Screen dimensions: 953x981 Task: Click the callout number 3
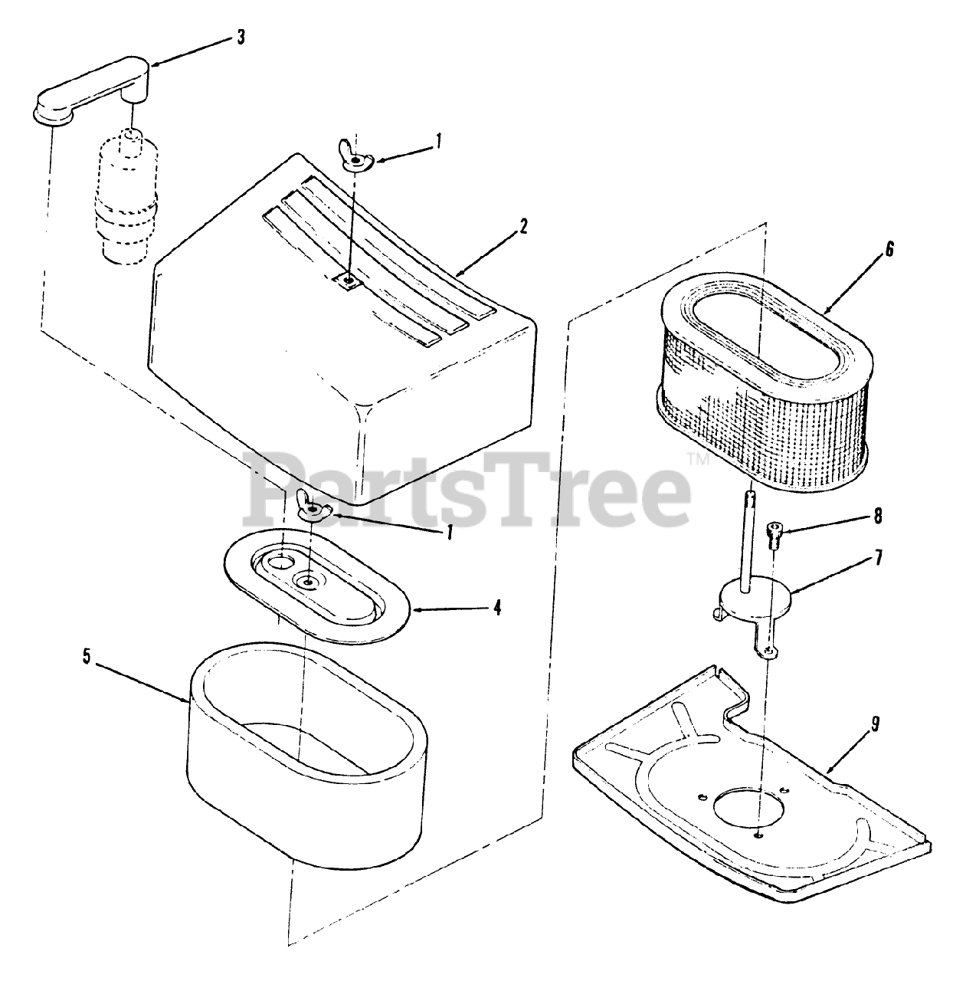[241, 38]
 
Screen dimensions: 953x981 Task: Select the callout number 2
[524, 227]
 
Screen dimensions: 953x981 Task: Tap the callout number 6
[889, 249]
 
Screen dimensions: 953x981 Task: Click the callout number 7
[878, 558]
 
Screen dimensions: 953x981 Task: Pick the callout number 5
[87, 657]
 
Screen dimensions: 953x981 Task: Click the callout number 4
[497, 609]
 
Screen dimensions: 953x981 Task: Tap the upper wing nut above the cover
[355, 157]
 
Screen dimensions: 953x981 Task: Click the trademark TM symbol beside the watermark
[702, 459]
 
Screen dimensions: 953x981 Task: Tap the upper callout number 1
[438, 141]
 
